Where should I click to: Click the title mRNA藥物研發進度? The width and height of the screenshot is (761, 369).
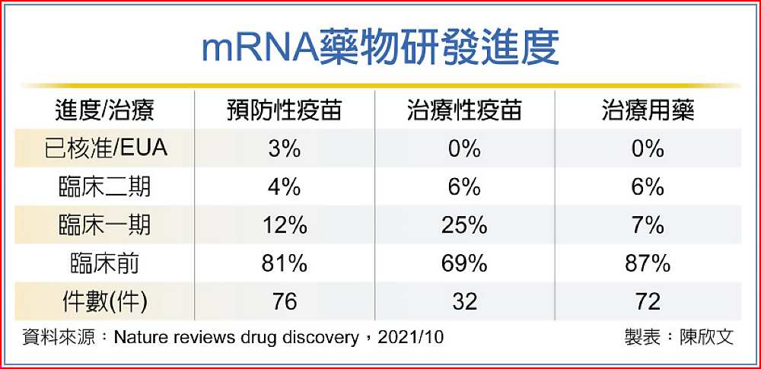(x=380, y=48)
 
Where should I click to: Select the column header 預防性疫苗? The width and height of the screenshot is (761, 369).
(x=284, y=111)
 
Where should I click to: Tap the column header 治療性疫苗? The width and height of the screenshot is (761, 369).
(x=464, y=111)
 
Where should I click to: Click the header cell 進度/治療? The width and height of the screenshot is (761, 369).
(x=104, y=111)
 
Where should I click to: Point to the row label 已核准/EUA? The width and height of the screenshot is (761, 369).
(x=104, y=148)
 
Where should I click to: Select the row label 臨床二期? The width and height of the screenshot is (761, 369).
(x=104, y=186)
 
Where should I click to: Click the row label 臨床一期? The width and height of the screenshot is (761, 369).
(x=104, y=225)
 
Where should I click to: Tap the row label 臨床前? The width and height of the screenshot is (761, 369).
(x=104, y=263)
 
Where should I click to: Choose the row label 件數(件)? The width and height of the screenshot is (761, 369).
(x=104, y=301)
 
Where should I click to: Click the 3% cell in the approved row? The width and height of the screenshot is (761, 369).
(x=284, y=148)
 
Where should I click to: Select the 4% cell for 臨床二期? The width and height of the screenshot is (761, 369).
(x=284, y=186)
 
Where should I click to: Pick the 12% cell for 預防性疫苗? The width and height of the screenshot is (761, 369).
(x=284, y=225)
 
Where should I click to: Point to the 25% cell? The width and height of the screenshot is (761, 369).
(x=464, y=225)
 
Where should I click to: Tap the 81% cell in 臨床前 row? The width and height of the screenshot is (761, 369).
(x=284, y=263)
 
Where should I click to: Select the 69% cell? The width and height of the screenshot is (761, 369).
(x=464, y=263)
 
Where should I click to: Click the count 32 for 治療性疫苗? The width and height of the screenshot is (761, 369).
(x=464, y=301)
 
